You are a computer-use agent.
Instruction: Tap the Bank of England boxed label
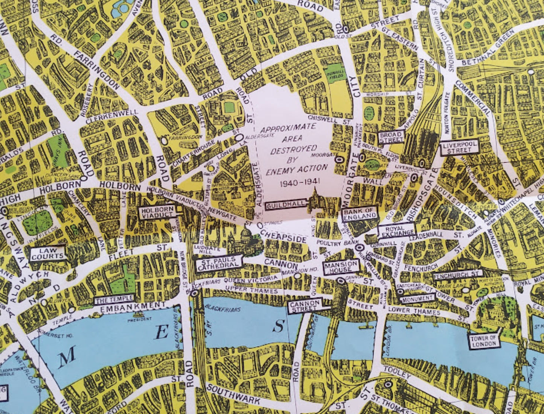(x=360, y=213)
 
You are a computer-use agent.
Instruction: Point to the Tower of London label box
(x=483, y=342)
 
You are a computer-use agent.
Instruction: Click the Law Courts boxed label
(x=48, y=254)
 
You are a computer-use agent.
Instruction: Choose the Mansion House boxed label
(x=341, y=267)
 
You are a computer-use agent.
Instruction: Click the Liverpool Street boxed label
(x=460, y=147)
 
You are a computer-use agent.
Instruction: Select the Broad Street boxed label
(x=391, y=137)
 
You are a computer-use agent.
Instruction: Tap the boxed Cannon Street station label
(x=305, y=306)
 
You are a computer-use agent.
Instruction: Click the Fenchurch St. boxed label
(x=457, y=275)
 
